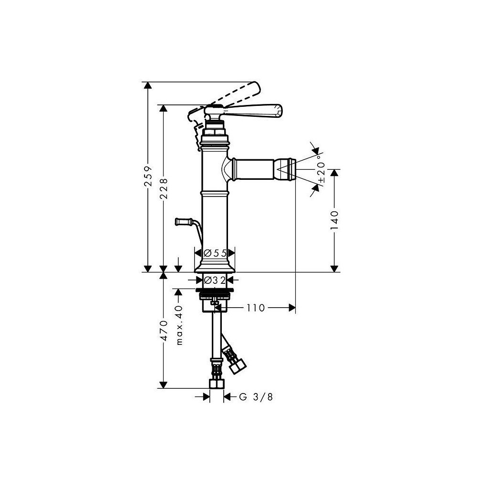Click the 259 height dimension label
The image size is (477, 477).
click(x=148, y=176)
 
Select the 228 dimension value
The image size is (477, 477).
click(x=164, y=188)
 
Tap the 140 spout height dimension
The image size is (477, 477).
click(x=334, y=220)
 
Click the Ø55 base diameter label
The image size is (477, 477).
click(x=215, y=253)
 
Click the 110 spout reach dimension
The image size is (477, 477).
click(x=256, y=308)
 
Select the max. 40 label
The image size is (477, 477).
click(x=179, y=324)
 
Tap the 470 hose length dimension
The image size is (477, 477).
click(x=164, y=331)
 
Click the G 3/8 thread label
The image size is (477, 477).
click(x=256, y=397)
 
